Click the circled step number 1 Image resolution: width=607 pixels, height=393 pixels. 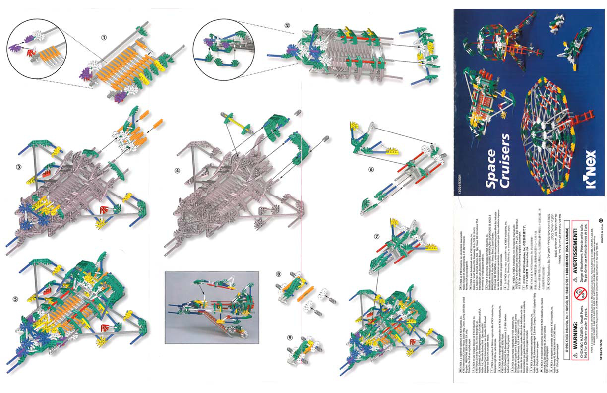104,37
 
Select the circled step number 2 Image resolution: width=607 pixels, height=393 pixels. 287,25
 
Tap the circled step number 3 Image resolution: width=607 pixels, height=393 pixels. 18,167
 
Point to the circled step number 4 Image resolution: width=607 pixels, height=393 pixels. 177,170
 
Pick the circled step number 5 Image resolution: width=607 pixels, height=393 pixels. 16,299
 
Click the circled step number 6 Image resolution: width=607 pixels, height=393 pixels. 371,169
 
